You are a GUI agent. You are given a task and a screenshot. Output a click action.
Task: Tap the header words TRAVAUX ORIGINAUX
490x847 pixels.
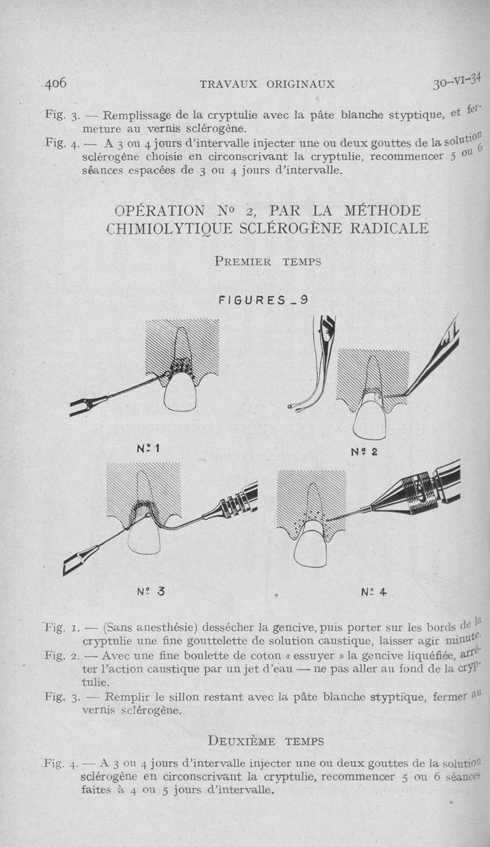point(267,84)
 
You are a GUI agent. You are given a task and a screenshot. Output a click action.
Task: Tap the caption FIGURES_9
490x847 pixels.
point(263,300)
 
